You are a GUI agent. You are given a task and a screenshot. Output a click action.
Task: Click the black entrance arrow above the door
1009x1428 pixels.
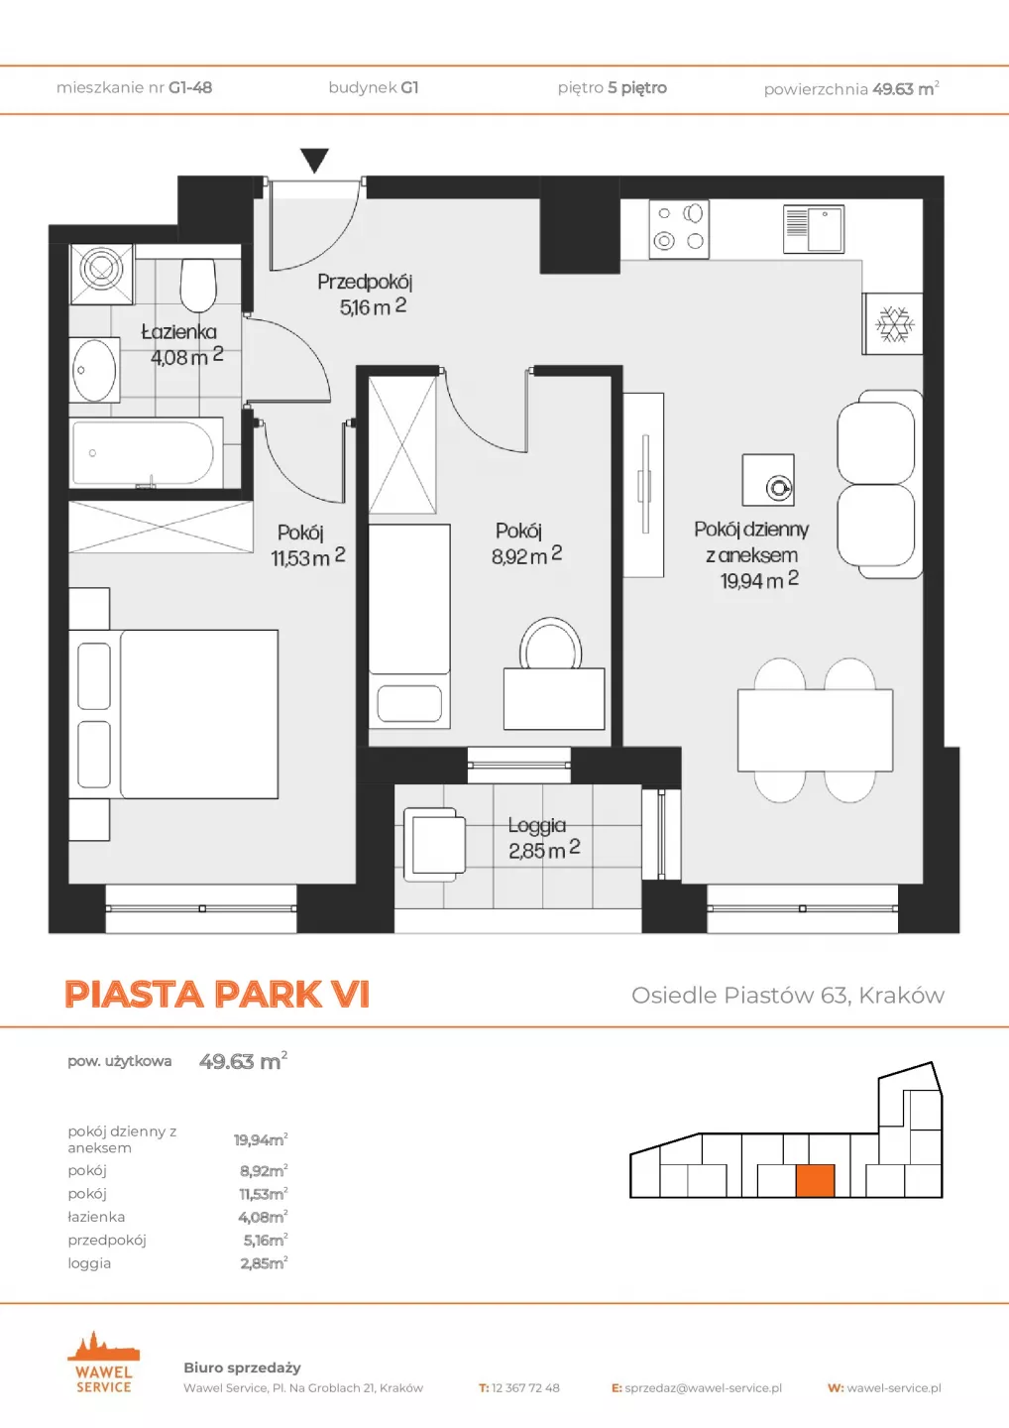pos(314,160)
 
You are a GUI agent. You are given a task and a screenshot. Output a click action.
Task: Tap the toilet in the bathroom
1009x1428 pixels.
pos(199,285)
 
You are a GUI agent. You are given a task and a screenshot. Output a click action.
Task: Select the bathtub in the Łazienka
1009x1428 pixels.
pos(146,452)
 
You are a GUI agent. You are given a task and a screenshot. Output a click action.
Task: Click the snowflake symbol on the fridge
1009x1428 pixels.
pos(894,324)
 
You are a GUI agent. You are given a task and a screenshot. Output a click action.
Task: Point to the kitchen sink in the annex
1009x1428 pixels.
pos(814,229)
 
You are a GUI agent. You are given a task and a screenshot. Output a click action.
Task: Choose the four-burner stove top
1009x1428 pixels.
pos(679,229)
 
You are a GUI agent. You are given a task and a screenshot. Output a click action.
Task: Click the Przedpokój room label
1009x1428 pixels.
pos(365,282)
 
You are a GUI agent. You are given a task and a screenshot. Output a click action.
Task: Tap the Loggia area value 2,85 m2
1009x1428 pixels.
pos(544,850)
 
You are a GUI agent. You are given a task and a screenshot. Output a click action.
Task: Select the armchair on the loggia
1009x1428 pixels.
pos(435,845)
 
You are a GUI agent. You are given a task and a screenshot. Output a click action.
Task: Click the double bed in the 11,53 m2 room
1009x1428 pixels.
pos(173,714)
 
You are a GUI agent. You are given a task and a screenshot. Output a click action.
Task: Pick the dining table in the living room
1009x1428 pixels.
pos(816,730)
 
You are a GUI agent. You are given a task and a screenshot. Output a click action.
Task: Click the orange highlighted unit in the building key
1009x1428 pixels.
pos(815,1181)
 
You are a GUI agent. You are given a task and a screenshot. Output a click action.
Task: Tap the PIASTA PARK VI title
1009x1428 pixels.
pos(217,994)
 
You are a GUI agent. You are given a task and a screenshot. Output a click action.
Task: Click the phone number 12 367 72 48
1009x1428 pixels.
pos(525,1388)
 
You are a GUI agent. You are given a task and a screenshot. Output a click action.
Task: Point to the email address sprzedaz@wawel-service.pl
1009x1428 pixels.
pos(704,1388)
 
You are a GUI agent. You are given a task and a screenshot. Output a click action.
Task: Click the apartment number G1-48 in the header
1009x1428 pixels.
pos(190,87)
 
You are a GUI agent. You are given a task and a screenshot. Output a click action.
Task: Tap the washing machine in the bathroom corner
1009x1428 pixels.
pos(102,274)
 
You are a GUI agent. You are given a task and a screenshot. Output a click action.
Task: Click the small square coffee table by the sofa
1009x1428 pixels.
pos(768,480)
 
